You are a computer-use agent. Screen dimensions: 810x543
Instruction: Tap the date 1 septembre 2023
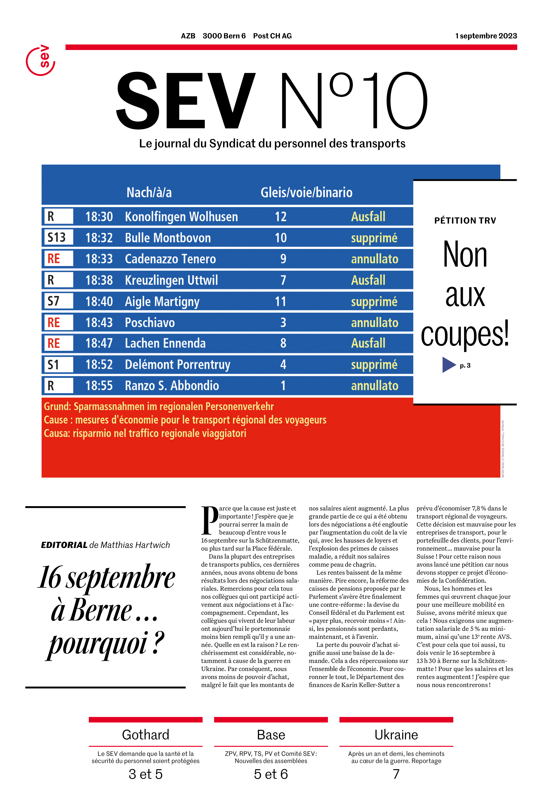[x=486, y=36]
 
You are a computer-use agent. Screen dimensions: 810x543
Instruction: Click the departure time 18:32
[x=99, y=238]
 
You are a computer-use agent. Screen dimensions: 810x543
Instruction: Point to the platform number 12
[x=281, y=217]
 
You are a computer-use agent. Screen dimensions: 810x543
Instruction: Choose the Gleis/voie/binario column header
[x=307, y=192]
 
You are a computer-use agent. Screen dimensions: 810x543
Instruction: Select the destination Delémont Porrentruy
[x=177, y=365]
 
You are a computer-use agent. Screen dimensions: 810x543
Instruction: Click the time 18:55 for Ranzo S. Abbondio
[x=99, y=386]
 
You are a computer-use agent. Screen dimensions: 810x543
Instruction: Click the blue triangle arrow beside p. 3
[x=449, y=365]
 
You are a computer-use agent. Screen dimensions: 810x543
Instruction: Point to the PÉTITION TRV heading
[x=465, y=220]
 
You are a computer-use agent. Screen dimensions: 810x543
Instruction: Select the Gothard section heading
[x=145, y=735]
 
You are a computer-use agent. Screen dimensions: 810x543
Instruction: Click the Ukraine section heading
[x=396, y=735]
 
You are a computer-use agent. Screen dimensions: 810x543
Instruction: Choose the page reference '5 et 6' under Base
[x=271, y=774]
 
